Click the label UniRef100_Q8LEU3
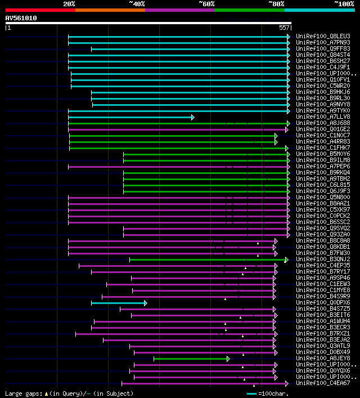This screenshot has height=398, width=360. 323,37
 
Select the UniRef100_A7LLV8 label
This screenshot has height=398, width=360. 323,117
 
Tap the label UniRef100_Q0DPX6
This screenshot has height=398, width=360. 323,303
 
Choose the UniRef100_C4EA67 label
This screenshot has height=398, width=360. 323,383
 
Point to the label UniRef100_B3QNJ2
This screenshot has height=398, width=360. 323,260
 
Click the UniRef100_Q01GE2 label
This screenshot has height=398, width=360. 323,129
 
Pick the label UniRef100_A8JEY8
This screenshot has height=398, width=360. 323,359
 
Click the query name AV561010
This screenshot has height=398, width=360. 21,18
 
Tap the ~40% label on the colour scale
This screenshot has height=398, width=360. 137,4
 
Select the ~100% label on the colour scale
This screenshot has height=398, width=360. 344,4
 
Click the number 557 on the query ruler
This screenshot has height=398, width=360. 284,28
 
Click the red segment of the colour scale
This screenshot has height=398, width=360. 40,10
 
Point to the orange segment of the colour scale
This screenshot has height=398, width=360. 110,10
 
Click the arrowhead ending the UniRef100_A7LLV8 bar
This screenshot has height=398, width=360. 192,117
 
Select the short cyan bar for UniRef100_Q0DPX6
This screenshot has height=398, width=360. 118,303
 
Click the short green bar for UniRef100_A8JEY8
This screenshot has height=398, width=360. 191,359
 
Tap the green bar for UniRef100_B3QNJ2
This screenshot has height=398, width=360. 208,260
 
